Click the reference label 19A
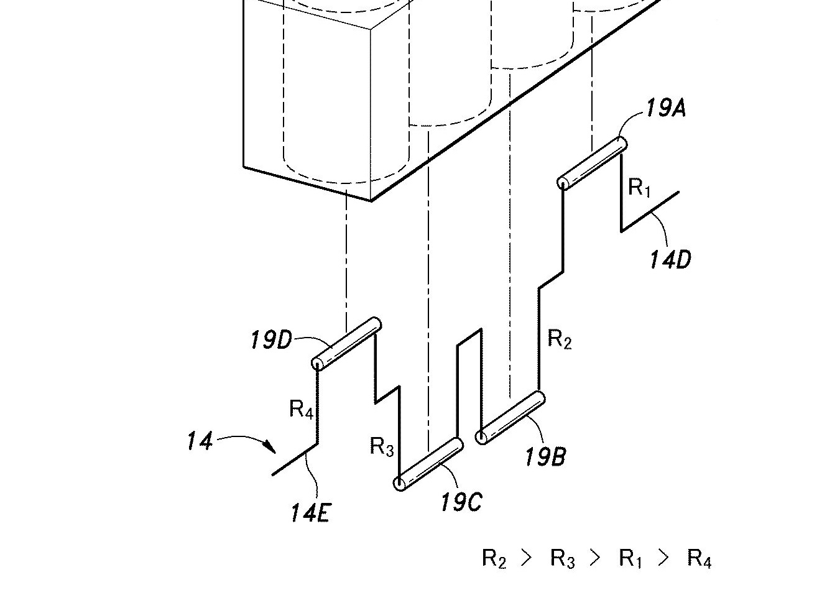[x=665, y=109]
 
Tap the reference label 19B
[x=545, y=458]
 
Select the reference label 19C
[x=461, y=502]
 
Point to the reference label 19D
[x=270, y=341]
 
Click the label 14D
[x=670, y=259]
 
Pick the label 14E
[x=310, y=514]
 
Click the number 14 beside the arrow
[x=199, y=442]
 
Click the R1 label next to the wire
[x=639, y=187]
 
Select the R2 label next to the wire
[x=559, y=339]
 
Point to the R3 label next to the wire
[x=382, y=446]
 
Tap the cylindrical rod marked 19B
[x=512, y=418]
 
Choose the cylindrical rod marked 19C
[x=430, y=464]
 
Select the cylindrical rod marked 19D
[x=346, y=344]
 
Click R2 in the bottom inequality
[x=494, y=558]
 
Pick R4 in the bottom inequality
[x=699, y=558]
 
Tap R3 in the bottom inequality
[x=563, y=558]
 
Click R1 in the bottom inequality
[x=630, y=558]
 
